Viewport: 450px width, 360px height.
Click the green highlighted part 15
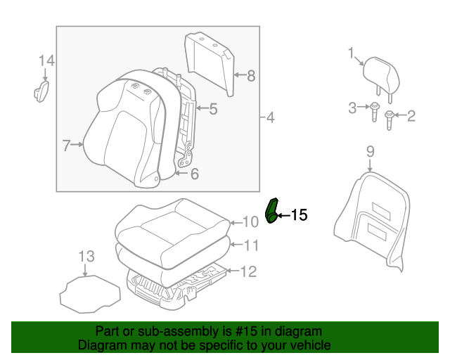[271, 210]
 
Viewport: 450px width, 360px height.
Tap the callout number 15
[299, 215]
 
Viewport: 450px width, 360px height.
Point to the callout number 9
[371, 150]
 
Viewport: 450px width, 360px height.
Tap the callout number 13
[85, 256]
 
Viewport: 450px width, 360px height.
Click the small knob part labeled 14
[41, 91]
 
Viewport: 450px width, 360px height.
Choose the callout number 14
[46, 60]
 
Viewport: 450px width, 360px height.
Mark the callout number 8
[250, 75]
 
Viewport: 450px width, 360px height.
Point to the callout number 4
[270, 118]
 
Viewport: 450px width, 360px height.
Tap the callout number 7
[67, 146]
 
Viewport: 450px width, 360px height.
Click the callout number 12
[249, 271]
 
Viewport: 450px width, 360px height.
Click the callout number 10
[251, 223]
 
